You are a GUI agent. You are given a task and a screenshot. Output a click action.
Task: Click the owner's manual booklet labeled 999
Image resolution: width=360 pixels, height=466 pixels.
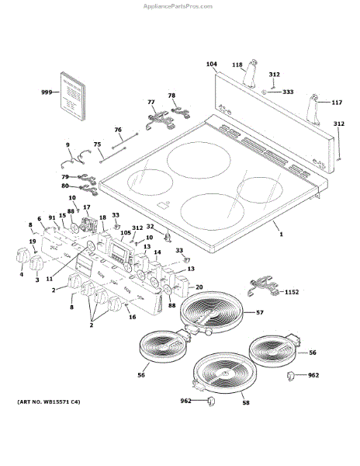pyautogui.click(x=73, y=96)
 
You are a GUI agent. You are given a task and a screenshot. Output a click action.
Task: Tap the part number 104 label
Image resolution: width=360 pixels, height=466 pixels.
pyautogui.click(x=212, y=64)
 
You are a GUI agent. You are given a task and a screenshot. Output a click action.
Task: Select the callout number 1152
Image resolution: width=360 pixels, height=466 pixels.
pyautogui.click(x=292, y=292)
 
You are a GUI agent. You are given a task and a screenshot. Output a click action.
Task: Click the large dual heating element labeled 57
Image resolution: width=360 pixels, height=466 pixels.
pyautogui.click(x=212, y=313)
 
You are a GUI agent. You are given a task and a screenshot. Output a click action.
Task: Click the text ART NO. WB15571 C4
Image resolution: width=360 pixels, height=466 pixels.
pyautogui.click(x=49, y=402)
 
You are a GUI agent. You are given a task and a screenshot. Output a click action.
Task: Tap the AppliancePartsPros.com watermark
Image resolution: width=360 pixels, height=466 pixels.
pyautogui.click(x=178, y=6)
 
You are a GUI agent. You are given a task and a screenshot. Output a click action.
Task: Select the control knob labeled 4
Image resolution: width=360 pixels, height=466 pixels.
pyautogui.click(x=22, y=256)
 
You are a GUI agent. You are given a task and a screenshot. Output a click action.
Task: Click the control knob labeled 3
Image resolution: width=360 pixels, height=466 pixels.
pyautogui.click(x=36, y=263)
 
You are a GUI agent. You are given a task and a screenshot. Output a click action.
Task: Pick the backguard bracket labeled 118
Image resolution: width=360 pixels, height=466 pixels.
pyautogui.click(x=250, y=74)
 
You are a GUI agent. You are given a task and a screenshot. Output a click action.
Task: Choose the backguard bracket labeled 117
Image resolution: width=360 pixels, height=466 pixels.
pyautogui.click(x=314, y=110)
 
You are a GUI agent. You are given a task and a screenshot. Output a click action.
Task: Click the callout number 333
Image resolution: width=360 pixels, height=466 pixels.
pyautogui.click(x=288, y=92)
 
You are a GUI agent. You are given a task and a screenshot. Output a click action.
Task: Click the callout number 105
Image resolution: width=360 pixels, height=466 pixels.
pyautogui.click(x=126, y=232)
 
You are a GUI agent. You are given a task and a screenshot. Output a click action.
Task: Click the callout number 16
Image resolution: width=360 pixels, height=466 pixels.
pyautogui.click(x=133, y=317)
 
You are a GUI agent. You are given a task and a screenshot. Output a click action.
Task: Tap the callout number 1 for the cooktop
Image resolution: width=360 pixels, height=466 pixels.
pyautogui.click(x=281, y=235)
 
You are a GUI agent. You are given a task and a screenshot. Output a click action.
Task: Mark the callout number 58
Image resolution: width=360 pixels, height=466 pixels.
pyautogui.click(x=246, y=402)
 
